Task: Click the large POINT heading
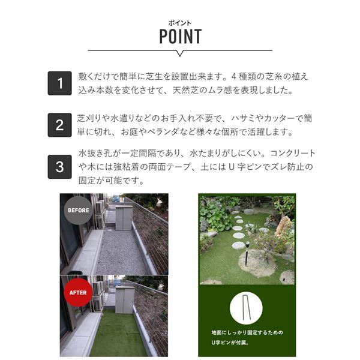click(181, 36)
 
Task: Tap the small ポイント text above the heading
click(180, 23)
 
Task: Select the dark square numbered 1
click(59, 83)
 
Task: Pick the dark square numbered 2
click(59, 125)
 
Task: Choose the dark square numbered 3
click(59, 167)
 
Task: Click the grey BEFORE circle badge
click(78, 210)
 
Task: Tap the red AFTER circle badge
click(78, 293)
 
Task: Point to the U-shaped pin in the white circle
click(245, 307)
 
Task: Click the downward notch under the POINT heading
click(180, 53)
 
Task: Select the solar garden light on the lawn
click(247, 253)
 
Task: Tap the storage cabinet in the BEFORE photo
click(124, 218)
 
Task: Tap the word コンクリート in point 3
click(293, 153)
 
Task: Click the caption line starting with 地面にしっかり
click(247, 332)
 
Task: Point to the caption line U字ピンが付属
click(230, 343)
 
